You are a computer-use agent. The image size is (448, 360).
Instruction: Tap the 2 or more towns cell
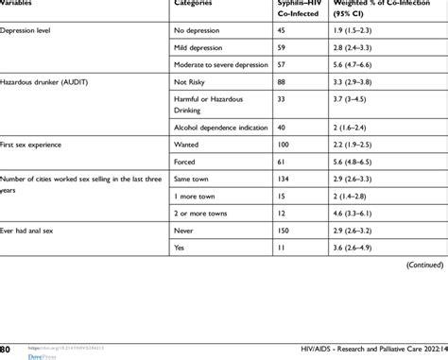tap(200, 213)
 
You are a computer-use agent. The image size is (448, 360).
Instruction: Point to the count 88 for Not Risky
tap(281, 82)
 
